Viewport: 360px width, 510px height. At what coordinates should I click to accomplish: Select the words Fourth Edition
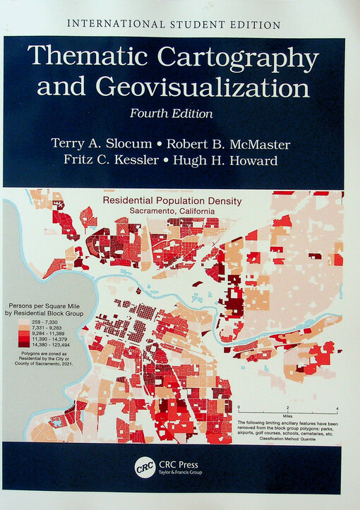click(x=172, y=112)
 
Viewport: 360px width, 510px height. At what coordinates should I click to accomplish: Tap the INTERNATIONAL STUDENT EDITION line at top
click(x=174, y=24)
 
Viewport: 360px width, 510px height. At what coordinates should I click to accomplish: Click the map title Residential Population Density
click(x=172, y=201)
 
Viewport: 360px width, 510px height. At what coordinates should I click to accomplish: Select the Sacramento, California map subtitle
click(x=172, y=210)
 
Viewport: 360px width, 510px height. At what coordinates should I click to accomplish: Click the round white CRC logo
click(x=144, y=468)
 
